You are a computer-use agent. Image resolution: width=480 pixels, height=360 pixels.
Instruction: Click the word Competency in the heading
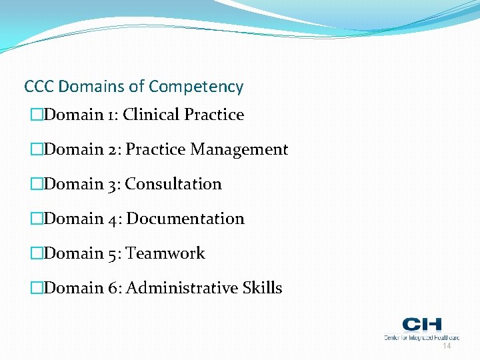pos(196,87)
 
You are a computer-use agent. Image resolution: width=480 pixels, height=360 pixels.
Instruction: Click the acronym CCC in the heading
pos(39,87)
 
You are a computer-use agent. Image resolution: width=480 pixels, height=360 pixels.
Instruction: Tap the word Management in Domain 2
pos(239,150)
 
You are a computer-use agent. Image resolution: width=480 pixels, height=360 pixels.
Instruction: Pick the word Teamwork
pos(165,253)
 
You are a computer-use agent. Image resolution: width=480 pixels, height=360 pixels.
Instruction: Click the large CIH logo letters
pos(421,325)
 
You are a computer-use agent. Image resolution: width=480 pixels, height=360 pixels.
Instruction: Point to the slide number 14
pos(447,347)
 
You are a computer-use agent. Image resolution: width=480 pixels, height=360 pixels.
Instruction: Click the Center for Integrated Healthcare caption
pos(421,337)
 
